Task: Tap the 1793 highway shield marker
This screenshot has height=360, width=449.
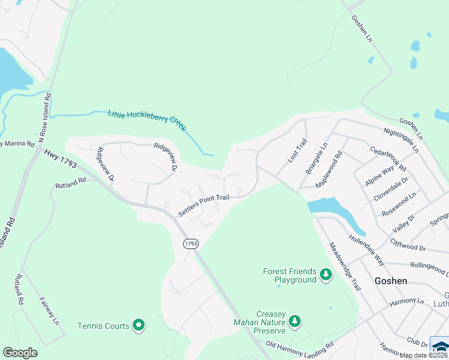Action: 190,243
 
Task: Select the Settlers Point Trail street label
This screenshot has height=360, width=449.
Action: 203,205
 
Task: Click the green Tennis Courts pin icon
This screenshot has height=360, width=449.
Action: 139,326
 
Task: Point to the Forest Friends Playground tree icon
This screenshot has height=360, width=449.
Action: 326,275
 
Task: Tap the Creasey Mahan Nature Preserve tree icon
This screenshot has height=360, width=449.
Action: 294,322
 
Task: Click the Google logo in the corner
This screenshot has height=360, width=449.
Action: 20,353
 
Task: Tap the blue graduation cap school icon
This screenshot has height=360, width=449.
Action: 441,346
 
